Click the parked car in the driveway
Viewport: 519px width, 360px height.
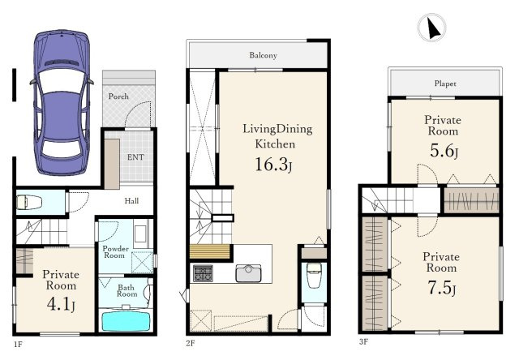click(62, 103)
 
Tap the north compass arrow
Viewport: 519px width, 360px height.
click(433, 28)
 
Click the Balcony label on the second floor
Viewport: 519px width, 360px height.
click(263, 55)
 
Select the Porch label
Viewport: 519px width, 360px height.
click(118, 96)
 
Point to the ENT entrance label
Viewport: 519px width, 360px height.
click(135, 157)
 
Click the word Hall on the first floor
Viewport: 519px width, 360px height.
click(131, 200)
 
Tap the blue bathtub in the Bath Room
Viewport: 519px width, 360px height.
click(126, 321)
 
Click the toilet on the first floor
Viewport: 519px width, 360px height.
click(29, 202)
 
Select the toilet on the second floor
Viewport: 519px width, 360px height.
click(314, 275)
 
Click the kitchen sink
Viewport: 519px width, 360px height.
click(249, 273)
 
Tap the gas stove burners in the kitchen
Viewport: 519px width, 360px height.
click(204, 273)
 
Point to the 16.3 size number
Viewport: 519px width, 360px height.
click(273, 165)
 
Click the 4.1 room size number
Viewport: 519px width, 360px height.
click(61, 304)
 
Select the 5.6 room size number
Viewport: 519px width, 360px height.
click(444, 151)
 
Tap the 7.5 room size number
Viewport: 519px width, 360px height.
click(441, 288)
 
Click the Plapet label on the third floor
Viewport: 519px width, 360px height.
click(445, 84)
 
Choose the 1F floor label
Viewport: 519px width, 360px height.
click(18, 345)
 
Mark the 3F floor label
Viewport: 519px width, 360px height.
click(363, 342)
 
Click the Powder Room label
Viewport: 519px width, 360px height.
click(115, 252)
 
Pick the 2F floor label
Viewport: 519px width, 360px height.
click(191, 343)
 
